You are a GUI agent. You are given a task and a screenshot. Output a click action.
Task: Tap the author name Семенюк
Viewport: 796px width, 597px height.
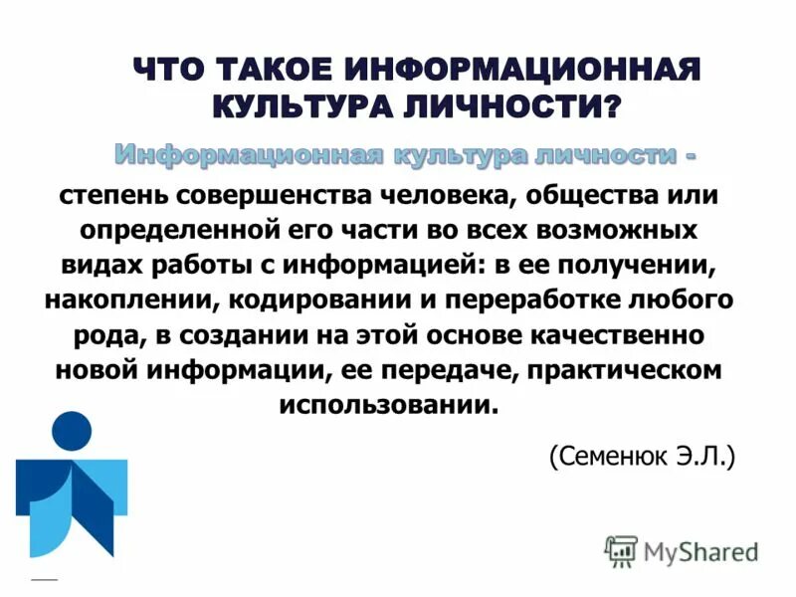[x=608, y=457]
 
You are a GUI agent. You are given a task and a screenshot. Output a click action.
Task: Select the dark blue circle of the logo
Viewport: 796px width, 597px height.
[x=72, y=431]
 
